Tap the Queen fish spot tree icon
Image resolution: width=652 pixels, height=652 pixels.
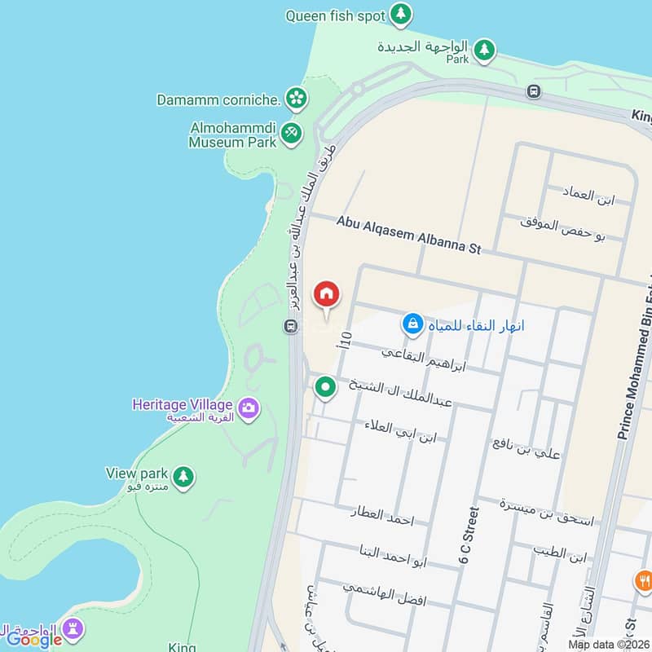coord(400,14)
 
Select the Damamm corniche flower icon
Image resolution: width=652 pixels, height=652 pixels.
coord(296,99)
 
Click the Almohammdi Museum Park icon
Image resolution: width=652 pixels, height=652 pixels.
coord(291,133)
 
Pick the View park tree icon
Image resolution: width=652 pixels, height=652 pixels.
coord(184,476)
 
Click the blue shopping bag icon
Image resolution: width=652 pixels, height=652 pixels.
coord(412,324)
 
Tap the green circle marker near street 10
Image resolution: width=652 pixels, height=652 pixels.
coord(325,388)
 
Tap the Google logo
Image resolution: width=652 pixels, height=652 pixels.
coord(34,640)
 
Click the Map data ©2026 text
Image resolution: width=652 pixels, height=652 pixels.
coord(607,644)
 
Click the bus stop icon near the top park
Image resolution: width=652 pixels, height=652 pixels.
coord(534,91)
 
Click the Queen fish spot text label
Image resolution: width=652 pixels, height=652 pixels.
coord(335,15)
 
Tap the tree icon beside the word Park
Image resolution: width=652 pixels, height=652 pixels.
coord(485,51)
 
